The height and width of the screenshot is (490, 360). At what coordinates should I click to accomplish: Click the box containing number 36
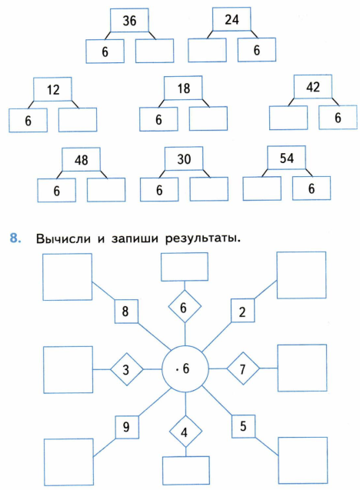click(x=129, y=20)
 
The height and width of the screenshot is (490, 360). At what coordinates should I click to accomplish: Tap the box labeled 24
click(x=232, y=19)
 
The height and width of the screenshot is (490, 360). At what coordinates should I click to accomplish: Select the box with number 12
click(x=53, y=89)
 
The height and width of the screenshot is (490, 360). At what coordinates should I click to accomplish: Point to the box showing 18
click(x=183, y=88)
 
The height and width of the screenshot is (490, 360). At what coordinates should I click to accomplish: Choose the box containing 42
click(x=313, y=87)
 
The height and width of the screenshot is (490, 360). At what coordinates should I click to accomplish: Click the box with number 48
click(x=81, y=160)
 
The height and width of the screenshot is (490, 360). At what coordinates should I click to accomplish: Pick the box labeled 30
click(x=184, y=158)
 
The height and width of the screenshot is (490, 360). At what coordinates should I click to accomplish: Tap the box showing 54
click(x=287, y=158)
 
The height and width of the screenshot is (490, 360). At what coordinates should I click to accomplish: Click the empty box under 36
click(x=155, y=51)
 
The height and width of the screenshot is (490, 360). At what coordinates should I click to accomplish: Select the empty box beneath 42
click(x=288, y=118)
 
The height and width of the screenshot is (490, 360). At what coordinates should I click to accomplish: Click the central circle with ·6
click(x=185, y=368)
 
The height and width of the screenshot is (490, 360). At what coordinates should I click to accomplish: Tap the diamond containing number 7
click(x=243, y=368)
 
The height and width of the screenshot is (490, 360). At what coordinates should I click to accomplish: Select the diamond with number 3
click(x=127, y=369)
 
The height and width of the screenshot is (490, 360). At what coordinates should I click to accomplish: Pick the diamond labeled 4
click(x=185, y=432)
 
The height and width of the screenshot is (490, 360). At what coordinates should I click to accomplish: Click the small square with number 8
click(x=126, y=312)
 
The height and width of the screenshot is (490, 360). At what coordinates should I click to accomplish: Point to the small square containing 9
click(x=127, y=427)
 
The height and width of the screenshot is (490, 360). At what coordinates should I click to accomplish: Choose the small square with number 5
click(x=243, y=426)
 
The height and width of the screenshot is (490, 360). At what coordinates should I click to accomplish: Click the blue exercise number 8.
click(x=15, y=238)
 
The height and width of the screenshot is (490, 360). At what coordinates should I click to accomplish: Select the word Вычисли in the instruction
click(x=63, y=238)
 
